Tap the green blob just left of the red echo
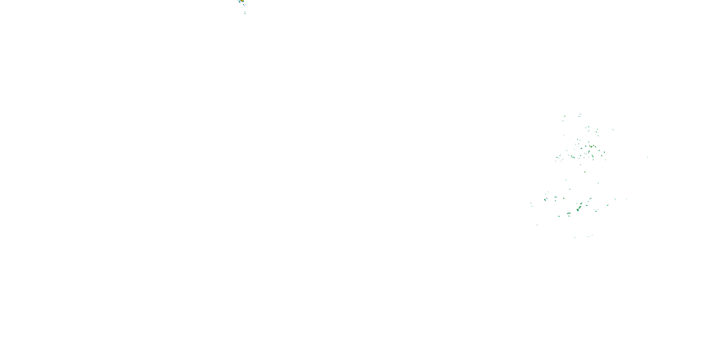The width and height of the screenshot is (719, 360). pyautogui.click(x=239, y=1)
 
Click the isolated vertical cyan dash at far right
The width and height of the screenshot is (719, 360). pyautogui.click(x=648, y=157)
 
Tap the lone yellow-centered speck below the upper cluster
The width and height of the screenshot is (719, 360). pyautogui.click(x=585, y=172)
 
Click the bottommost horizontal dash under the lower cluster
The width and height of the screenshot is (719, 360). pyautogui.click(x=575, y=237)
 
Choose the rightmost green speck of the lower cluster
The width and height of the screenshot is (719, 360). pyautogui.click(x=627, y=199)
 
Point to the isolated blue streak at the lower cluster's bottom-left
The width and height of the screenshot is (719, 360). pyautogui.click(x=537, y=225)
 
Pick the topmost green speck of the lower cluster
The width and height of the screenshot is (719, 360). pyautogui.click(x=566, y=180)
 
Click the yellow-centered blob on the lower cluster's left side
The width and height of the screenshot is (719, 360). pyautogui.click(x=545, y=200)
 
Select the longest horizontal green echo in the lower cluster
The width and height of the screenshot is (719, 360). pyautogui.click(x=568, y=214)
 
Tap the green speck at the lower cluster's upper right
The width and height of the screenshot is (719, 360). pyautogui.click(x=598, y=183)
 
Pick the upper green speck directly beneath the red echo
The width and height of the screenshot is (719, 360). pyautogui.click(x=245, y=12)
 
